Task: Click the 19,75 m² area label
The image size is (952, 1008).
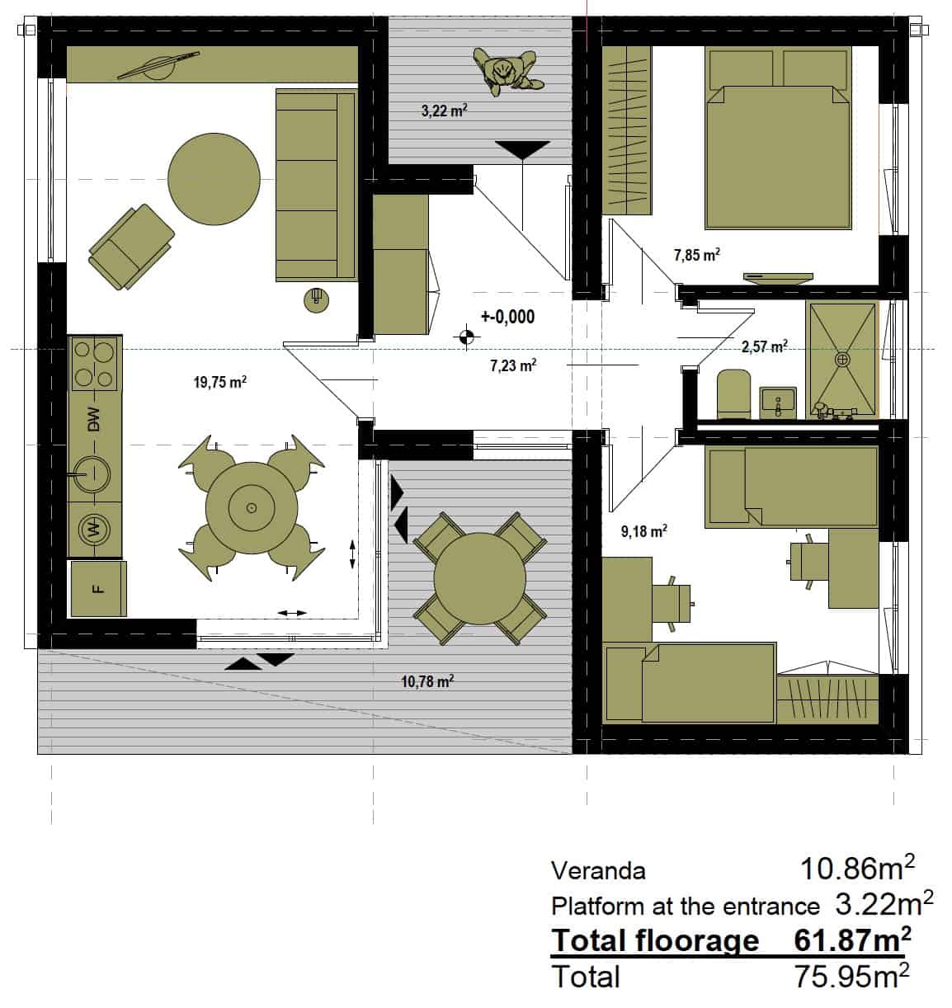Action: coord(219,382)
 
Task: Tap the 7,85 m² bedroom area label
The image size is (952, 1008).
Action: coord(696,254)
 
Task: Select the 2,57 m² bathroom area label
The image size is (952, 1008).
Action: coord(764,346)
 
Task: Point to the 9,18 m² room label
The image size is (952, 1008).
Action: coord(643,531)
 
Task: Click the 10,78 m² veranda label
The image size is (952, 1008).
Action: coord(427,681)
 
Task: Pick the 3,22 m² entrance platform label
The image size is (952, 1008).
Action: coord(445,111)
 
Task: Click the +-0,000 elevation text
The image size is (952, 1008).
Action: coord(507,317)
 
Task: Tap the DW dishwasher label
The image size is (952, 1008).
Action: coord(94,419)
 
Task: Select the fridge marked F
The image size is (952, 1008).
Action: coord(97,588)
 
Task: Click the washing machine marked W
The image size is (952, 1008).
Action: coord(94,530)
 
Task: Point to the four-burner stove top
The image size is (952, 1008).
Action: coord(95,364)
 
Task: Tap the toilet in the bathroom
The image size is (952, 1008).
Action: coord(733,393)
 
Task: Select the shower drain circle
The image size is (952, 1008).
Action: coord(841,360)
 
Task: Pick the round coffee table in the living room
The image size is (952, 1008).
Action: coord(214,179)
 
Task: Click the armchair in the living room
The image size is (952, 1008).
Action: coord(131,247)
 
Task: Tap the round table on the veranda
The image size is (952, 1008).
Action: coord(480,578)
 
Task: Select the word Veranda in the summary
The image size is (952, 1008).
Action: coord(598,871)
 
